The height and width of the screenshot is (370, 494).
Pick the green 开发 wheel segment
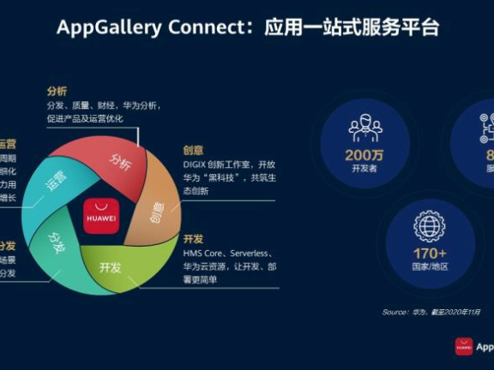[111, 268]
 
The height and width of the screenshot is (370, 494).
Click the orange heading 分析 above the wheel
[57, 92]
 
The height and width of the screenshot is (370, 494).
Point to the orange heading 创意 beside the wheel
[193, 150]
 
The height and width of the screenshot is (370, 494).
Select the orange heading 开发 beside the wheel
[193, 239]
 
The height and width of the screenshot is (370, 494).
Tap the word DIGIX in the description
[196, 164]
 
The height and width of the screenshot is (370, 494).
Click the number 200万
[365, 156]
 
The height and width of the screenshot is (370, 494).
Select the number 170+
[430, 253]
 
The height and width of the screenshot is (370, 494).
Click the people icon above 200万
[365, 127]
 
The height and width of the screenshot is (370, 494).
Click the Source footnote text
[437, 312]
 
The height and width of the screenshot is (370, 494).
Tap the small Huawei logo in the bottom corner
[464, 346]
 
